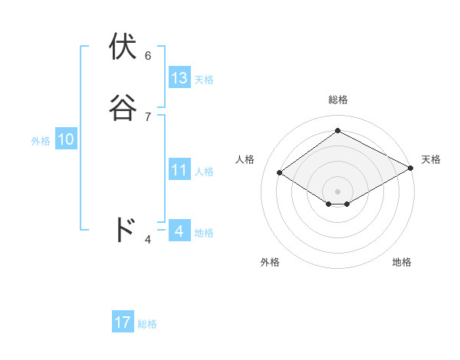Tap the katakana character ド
pyautogui.click(x=124, y=230)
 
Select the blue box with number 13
pyautogui.click(x=179, y=77)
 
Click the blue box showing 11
pyautogui.click(x=179, y=170)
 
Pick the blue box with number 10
pyautogui.click(x=66, y=139)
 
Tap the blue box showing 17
pyautogui.click(x=123, y=322)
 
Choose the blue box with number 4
pyautogui.click(x=179, y=231)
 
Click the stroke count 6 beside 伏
pyautogui.click(x=148, y=55)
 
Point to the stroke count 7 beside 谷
pyautogui.click(x=148, y=116)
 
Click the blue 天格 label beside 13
pyautogui.click(x=204, y=79)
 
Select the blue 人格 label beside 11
pyautogui.click(x=204, y=172)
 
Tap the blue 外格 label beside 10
pyautogui.click(x=41, y=141)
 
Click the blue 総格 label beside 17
pyautogui.click(x=147, y=324)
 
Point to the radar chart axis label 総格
pyautogui.click(x=338, y=100)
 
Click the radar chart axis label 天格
pyautogui.click(x=431, y=159)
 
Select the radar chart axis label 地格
pyautogui.click(x=402, y=262)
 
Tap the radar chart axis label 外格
pyautogui.click(x=270, y=262)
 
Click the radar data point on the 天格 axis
pyautogui.click(x=410, y=169)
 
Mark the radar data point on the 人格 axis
pyautogui.click(x=280, y=173)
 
